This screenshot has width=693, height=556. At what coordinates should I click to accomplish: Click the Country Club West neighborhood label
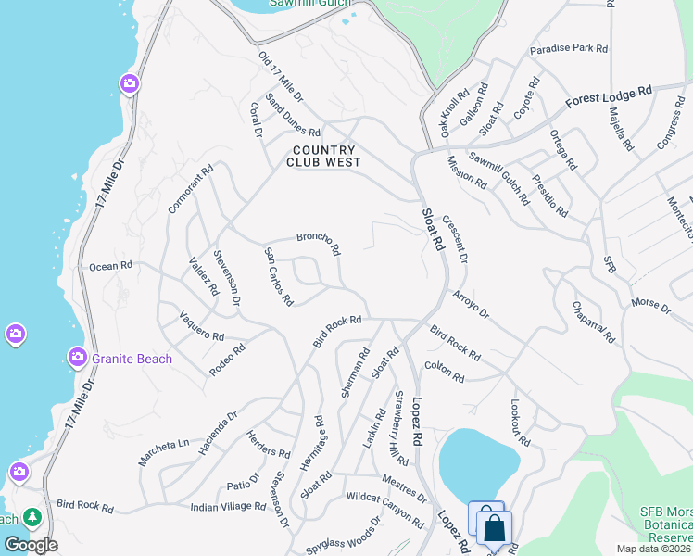pyautogui.click(x=323, y=156)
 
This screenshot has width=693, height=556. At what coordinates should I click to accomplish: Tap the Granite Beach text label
pyautogui.click(x=132, y=359)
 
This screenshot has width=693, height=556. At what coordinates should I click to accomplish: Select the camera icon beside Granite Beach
pyautogui.click(x=78, y=357)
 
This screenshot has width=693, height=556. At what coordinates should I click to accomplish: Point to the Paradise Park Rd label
pyautogui.click(x=568, y=48)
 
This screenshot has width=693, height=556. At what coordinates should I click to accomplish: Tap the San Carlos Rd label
pyautogui.click(x=279, y=276)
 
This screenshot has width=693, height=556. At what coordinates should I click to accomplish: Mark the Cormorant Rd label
pyautogui.click(x=191, y=190)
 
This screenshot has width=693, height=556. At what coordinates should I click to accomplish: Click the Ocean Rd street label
pyautogui.click(x=110, y=266)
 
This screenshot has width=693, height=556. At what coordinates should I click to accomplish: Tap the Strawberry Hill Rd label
pyautogui.click(x=400, y=429)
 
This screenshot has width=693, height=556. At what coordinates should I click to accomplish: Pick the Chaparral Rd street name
pyautogui.click(x=593, y=322)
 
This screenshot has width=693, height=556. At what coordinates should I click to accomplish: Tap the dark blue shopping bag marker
pyautogui.click(x=496, y=528)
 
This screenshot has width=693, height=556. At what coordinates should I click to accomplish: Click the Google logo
pyautogui.click(x=31, y=545)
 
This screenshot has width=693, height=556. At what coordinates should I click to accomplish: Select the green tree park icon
pyautogui.click(x=32, y=516)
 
